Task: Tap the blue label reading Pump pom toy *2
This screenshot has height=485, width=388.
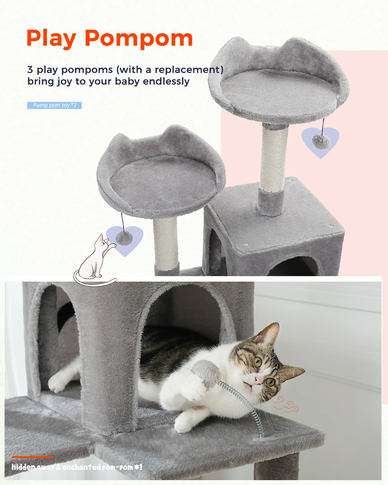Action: click(x=54, y=105)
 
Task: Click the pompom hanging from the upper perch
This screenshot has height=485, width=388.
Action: click(x=321, y=141)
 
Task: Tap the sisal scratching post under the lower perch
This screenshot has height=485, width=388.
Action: click(x=166, y=241)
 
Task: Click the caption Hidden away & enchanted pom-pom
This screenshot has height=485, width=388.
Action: click(x=77, y=467)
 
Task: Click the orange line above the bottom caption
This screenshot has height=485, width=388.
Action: click(x=33, y=457)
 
